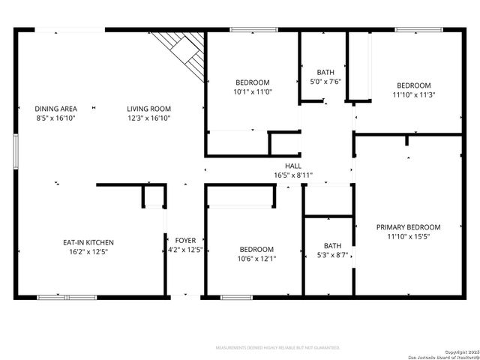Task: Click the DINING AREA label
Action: (56, 109)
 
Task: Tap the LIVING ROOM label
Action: (148, 109)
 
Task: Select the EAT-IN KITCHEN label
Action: (88, 242)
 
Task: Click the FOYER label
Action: (185, 241)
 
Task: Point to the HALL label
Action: (293, 166)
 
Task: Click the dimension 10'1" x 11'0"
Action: (253, 91)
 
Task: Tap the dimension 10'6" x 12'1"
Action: (256, 259)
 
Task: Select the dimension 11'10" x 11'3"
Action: (414, 94)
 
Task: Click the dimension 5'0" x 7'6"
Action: (325, 81)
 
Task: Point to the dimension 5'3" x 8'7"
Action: (331, 255)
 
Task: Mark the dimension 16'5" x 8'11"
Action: (293, 175)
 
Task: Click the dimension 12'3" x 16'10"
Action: (148, 118)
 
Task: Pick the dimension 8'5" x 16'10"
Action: (56, 118)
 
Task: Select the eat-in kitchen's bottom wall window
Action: (67, 298)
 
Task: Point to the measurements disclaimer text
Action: (277, 348)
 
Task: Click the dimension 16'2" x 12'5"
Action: (88, 252)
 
